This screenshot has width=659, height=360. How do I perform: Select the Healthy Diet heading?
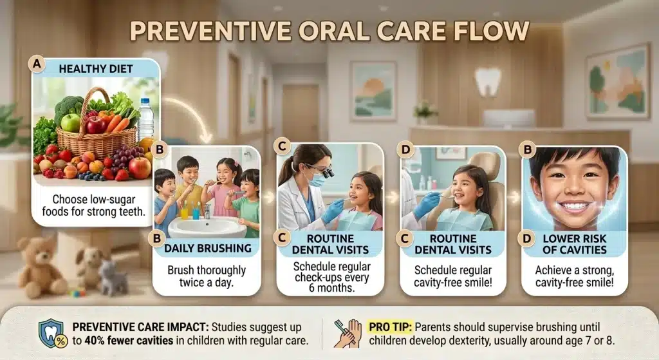point(96,68)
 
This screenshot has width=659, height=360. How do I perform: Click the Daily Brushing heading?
point(207,247)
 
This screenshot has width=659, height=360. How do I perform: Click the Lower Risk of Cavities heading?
point(573,243)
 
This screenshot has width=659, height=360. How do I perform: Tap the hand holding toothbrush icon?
point(349,334)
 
